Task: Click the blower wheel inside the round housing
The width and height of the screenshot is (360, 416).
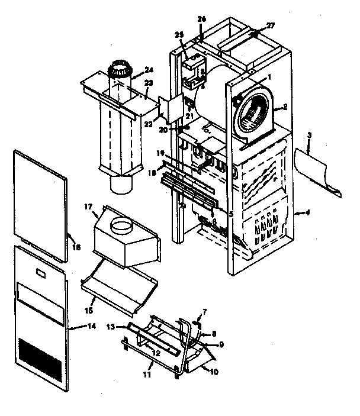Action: click(251, 113)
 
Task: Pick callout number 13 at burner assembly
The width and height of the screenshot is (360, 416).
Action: click(110, 327)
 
